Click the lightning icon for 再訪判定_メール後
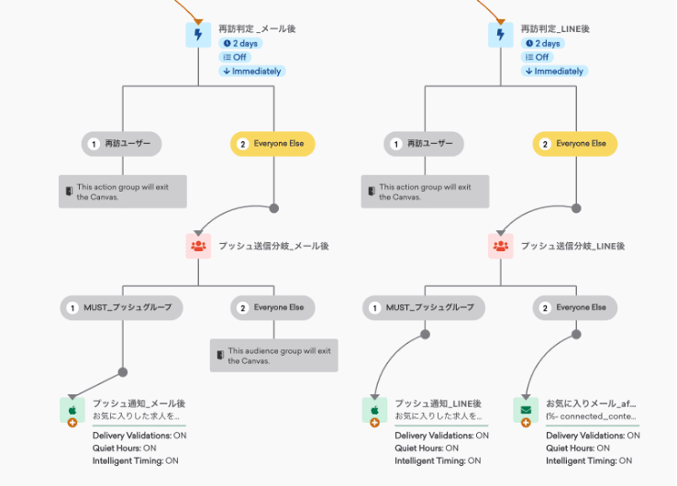point(198,35)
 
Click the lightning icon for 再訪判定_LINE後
point(501,35)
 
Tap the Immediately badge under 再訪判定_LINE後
point(552,71)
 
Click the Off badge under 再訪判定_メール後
point(235,57)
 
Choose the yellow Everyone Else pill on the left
point(272,144)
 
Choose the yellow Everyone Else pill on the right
point(574,144)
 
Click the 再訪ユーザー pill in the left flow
point(122,144)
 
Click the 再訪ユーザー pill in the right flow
point(424,144)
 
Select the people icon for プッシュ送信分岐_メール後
point(198,246)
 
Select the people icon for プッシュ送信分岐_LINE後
point(501,246)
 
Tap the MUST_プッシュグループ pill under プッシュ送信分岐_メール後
point(122,307)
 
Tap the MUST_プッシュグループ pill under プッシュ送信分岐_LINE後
point(424,307)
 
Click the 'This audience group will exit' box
point(273,355)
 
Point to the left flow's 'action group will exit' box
point(123,192)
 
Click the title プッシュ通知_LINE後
point(438,403)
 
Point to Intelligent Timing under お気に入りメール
point(593,460)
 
